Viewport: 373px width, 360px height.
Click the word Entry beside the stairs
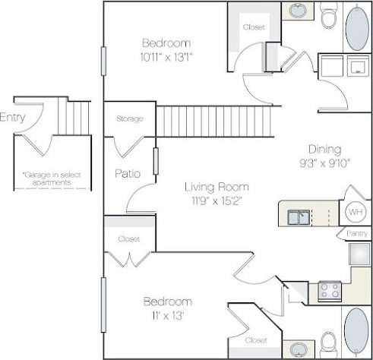coord(12,117)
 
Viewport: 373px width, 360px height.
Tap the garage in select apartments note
coord(47,178)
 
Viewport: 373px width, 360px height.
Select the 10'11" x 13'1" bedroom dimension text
coord(166,56)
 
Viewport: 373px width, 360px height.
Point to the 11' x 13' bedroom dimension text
coord(165,314)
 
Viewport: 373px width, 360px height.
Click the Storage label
coord(129,119)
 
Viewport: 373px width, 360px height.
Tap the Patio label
coord(128,173)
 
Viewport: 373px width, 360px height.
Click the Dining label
coord(324,149)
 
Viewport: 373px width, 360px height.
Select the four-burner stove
coord(330,290)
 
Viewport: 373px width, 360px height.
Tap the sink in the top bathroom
coord(295,11)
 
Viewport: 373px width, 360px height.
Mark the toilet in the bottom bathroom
coord(328,341)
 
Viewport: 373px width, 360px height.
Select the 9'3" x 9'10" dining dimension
coord(324,163)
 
